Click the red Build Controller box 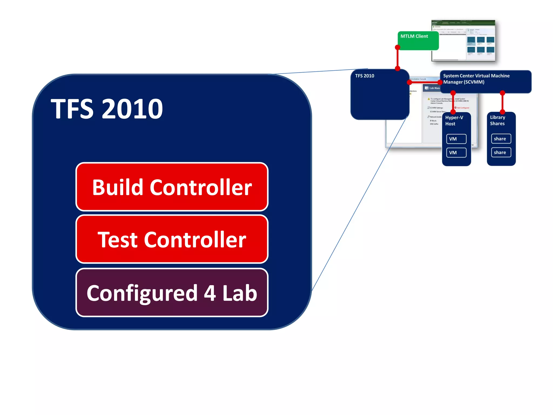172,187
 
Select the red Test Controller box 172,239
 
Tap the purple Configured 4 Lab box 172,293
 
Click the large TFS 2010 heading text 107,109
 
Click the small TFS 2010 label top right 365,76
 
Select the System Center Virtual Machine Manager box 485,82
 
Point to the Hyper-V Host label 454,121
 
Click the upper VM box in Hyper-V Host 456,139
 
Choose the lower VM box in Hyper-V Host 456,153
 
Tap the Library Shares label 497,121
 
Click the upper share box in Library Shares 501,139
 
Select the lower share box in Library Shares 501,153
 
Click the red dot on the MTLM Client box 397,48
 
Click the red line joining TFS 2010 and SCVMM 424,82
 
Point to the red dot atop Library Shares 502,111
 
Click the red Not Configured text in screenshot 463,108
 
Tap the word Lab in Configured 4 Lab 240,293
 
